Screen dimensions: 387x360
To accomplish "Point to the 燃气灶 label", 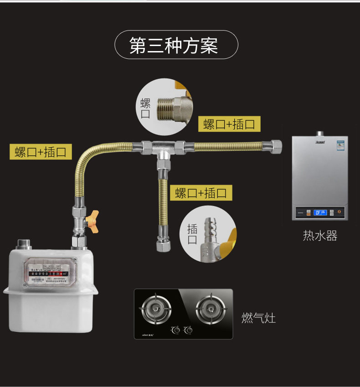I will [x=258, y=318].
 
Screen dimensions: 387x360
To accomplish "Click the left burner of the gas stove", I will [x=156, y=308].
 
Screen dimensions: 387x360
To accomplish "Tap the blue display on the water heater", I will [x=320, y=212].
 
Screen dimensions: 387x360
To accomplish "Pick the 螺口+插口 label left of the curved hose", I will [x=41, y=152].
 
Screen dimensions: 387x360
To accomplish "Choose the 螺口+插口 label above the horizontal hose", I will [x=229, y=124].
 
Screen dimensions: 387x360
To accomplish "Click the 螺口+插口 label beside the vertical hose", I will [x=201, y=192].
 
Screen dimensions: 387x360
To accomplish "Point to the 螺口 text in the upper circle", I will [x=145, y=108].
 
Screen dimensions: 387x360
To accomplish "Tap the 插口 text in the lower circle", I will [x=192, y=234].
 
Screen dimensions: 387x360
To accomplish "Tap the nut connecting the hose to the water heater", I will [x=276, y=146].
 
